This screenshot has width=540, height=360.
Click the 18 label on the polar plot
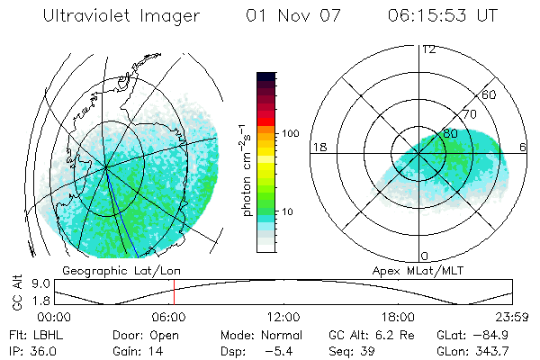click(319, 147)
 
